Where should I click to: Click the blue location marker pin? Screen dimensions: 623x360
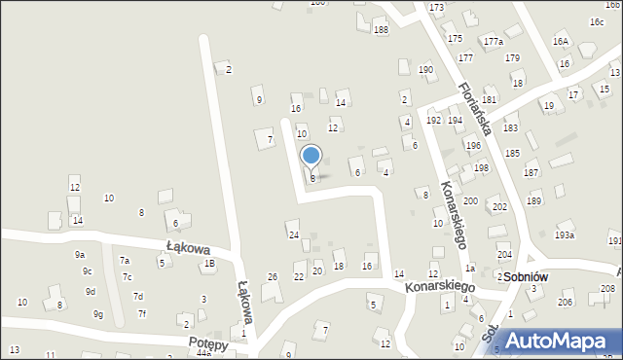(x=311, y=156)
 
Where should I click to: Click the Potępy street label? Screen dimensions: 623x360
(x=208, y=344)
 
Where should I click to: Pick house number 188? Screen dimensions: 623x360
(x=381, y=30)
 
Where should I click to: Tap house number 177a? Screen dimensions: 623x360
(x=494, y=42)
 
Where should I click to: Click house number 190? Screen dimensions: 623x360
(x=425, y=70)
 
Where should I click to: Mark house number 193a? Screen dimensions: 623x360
(x=565, y=235)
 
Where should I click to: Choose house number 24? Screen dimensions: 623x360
(x=293, y=235)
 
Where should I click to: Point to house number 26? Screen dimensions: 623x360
(x=273, y=277)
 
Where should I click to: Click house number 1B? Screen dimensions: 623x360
(x=208, y=264)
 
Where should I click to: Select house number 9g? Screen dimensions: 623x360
(x=97, y=314)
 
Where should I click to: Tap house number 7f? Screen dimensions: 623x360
(x=141, y=313)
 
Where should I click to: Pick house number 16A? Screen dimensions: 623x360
(x=560, y=42)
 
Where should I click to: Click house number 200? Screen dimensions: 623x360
(x=470, y=201)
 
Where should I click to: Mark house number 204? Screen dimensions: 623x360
(x=504, y=255)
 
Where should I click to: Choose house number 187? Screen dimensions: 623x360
(x=531, y=172)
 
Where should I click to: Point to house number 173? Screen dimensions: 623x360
(x=436, y=8)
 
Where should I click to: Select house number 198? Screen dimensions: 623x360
(x=481, y=168)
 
